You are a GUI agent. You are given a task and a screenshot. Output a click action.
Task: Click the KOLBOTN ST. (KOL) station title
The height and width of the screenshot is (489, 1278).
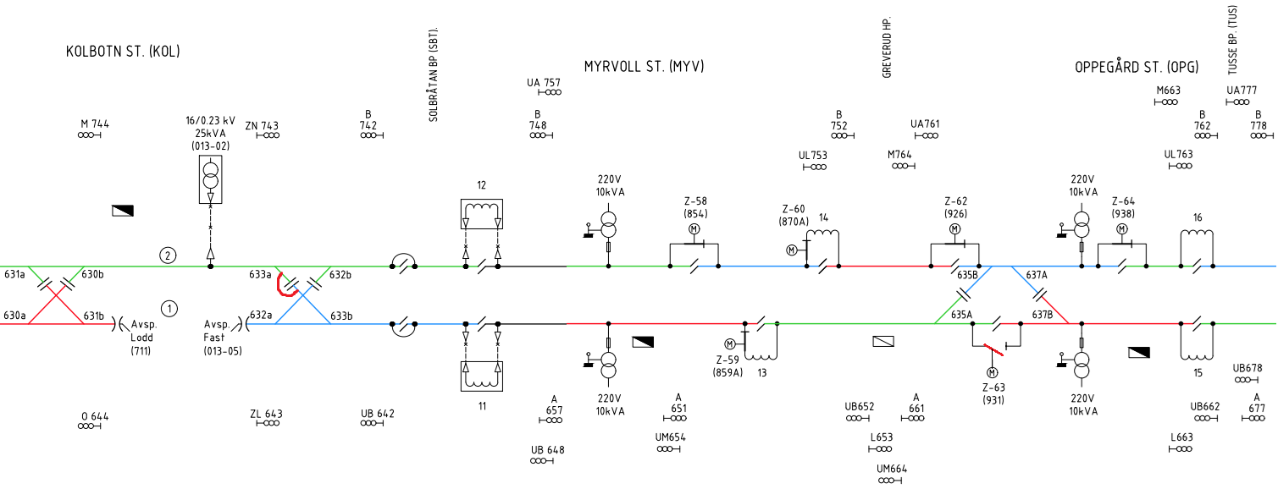point(124,52)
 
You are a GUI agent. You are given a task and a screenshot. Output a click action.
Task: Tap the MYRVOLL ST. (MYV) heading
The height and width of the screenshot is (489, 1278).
point(645,67)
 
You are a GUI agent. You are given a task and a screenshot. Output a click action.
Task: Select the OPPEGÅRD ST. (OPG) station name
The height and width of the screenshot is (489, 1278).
point(1137,67)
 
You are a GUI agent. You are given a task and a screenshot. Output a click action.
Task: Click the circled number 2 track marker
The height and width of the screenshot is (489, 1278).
point(168,255)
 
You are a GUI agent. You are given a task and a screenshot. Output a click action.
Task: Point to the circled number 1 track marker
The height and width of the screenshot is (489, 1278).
point(169,309)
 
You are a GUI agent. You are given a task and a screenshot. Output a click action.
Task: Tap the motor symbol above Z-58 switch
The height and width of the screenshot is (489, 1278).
point(694,229)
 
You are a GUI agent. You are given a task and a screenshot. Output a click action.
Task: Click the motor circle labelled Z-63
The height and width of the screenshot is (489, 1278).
point(992,373)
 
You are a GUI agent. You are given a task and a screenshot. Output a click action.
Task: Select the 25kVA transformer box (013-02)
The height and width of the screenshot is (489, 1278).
point(211,179)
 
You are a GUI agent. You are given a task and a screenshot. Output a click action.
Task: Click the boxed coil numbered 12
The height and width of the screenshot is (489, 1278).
point(482,214)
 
